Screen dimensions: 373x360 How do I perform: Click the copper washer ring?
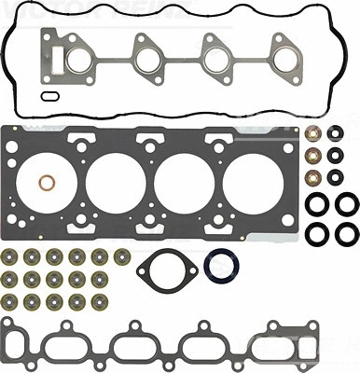click(45, 182)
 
